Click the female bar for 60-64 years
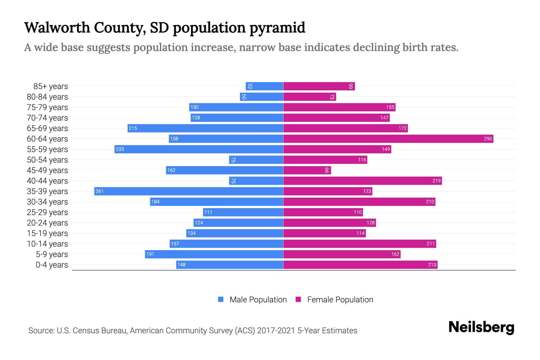point(388,139)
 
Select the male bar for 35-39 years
point(189,191)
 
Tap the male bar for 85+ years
point(264,86)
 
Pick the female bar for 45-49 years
point(307,170)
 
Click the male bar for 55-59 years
point(199,149)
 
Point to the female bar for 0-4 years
point(360,265)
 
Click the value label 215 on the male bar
point(133,128)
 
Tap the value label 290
point(488,139)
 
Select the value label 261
point(99,191)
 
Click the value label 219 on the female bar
point(436,181)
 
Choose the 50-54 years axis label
point(47,160)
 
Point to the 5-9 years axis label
point(52,254)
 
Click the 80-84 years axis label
point(47,97)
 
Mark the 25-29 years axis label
point(47,212)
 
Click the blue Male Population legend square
point(221,299)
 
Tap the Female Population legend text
point(340,300)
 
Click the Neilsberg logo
point(481,327)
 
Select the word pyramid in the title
point(277,28)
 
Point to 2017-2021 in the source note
point(276,331)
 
